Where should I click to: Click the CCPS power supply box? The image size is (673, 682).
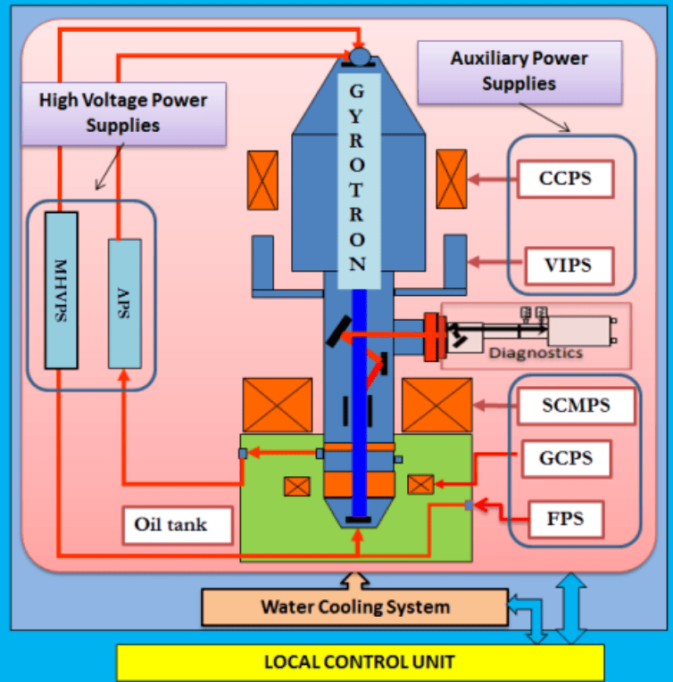565,178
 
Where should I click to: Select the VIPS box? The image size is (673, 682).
565,264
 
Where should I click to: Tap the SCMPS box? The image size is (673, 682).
576,407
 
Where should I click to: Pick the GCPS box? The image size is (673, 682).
565,459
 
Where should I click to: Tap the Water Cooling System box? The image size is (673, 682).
354,607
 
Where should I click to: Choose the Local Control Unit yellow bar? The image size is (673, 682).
360,662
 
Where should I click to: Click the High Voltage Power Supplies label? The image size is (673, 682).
123,111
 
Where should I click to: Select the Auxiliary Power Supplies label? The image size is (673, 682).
519,70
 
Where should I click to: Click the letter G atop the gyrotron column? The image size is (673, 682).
357,91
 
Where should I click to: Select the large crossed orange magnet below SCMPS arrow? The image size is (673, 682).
436,405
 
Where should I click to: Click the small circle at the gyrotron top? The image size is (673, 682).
359,56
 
